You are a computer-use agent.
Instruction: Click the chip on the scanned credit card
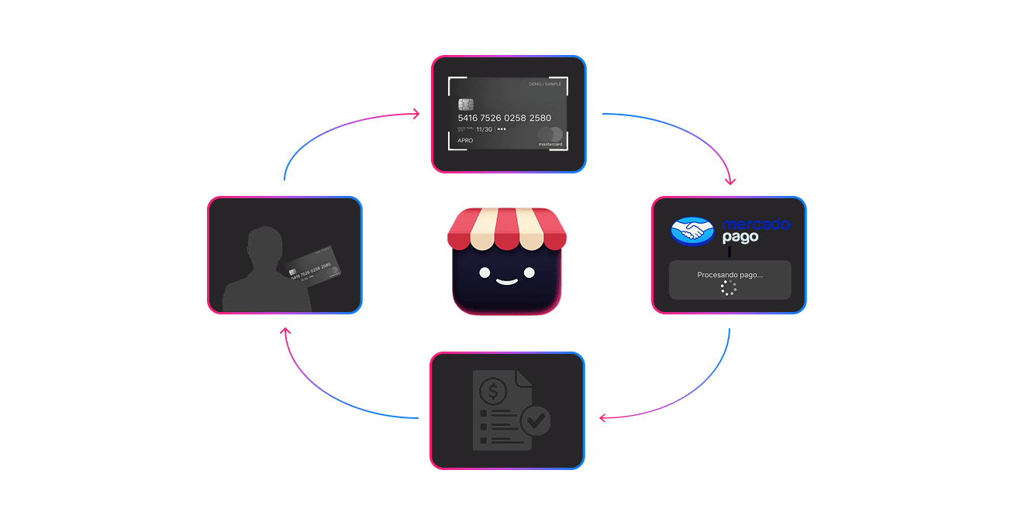[466, 105]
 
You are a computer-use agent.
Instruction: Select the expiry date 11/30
[484, 129]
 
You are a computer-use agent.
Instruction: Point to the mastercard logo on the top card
[551, 136]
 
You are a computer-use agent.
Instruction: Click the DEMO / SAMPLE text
[544, 84]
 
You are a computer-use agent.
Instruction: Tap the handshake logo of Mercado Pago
[692, 230]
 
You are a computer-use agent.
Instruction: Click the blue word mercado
[756, 225]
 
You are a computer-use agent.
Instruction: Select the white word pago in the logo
[740, 238]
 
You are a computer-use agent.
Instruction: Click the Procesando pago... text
[729, 274]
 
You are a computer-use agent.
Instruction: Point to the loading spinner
[728, 288]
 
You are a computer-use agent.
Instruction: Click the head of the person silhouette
[262, 246]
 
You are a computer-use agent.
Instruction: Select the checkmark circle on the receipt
[534, 421]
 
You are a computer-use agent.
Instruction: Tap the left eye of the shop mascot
[484, 272]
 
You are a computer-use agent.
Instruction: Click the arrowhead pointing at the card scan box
[416, 114]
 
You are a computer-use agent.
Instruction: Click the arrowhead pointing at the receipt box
[602, 418]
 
